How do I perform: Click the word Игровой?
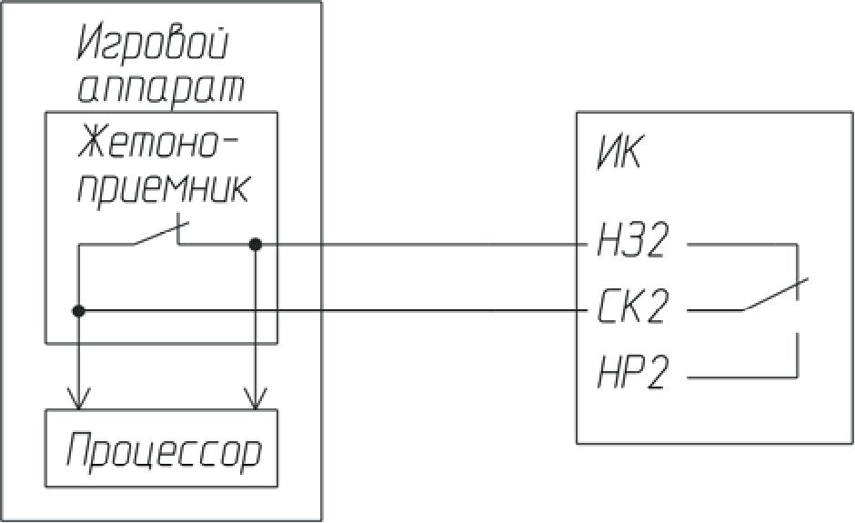pyautogui.click(x=154, y=44)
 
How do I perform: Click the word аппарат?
pyautogui.click(x=162, y=88)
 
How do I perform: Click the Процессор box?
pyautogui.click(x=162, y=448)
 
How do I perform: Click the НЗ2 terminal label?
pyautogui.click(x=633, y=242)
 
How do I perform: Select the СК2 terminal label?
pyautogui.click(x=633, y=309)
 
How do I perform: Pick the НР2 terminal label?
pyautogui.click(x=633, y=373)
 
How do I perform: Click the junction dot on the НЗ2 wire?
pyautogui.click(x=256, y=244)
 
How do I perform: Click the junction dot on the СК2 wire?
pyautogui.click(x=79, y=311)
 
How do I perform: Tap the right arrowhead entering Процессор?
pyautogui.click(x=256, y=399)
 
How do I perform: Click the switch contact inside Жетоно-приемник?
pyautogui.click(x=156, y=235)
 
